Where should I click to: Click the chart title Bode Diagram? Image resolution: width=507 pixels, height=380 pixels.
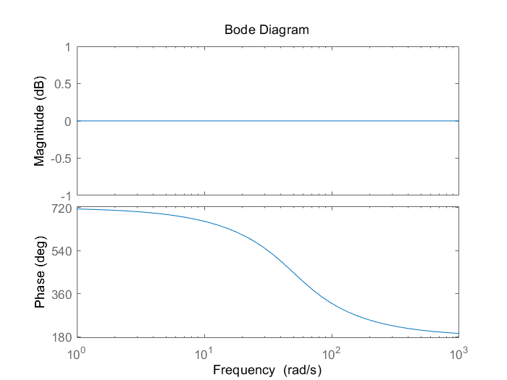coord(267,30)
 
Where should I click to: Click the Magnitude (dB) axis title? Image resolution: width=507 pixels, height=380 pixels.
coord(39,121)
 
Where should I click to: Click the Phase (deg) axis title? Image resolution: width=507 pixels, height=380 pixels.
coord(39,272)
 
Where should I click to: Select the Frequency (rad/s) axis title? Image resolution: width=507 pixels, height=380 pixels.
coord(267,370)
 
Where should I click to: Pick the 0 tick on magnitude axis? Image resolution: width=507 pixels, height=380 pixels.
coord(67,121)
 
